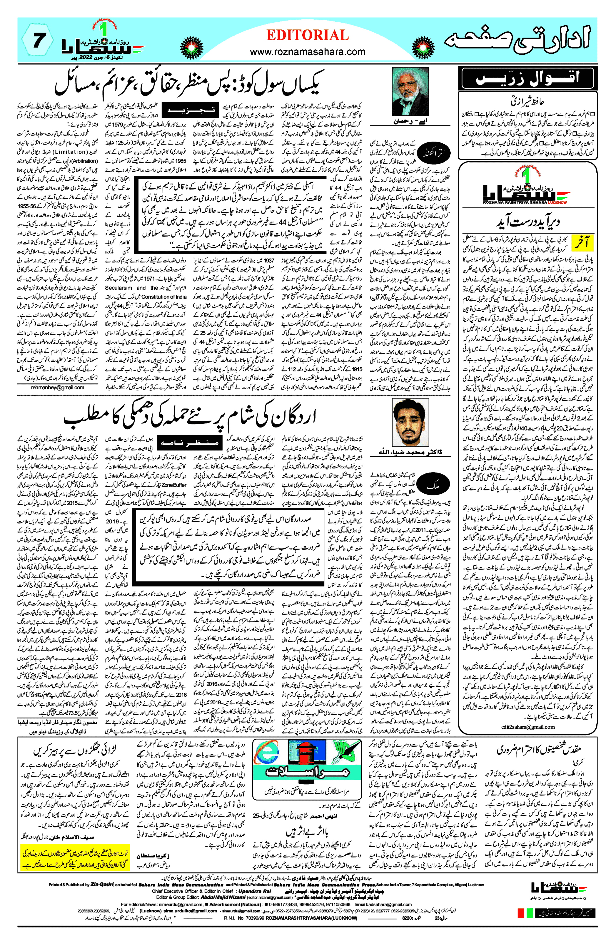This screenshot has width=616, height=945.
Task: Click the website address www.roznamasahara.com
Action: [x=307, y=52]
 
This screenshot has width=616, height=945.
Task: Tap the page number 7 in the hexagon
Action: [x=38, y=40]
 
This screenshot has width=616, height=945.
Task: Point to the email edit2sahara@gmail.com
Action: [x=528, y=727]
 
